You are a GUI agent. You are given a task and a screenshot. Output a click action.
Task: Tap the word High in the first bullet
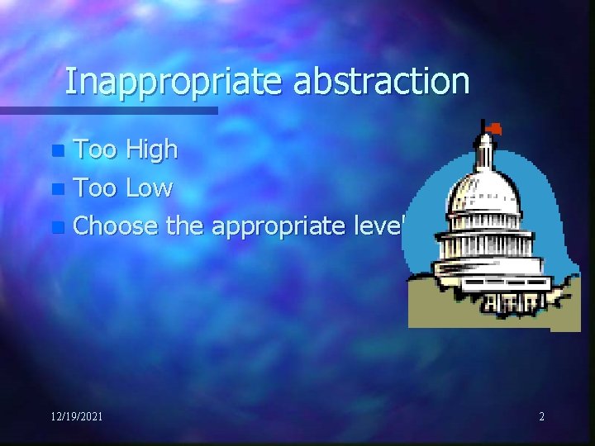click(151, 149)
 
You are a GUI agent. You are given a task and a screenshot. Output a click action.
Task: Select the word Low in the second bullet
click(149, 188)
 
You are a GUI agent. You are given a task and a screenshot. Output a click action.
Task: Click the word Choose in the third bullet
click(116, 225)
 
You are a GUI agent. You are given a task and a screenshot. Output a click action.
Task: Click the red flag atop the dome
click(494, 128)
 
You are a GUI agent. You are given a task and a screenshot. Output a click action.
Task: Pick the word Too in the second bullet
click(96, 188)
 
